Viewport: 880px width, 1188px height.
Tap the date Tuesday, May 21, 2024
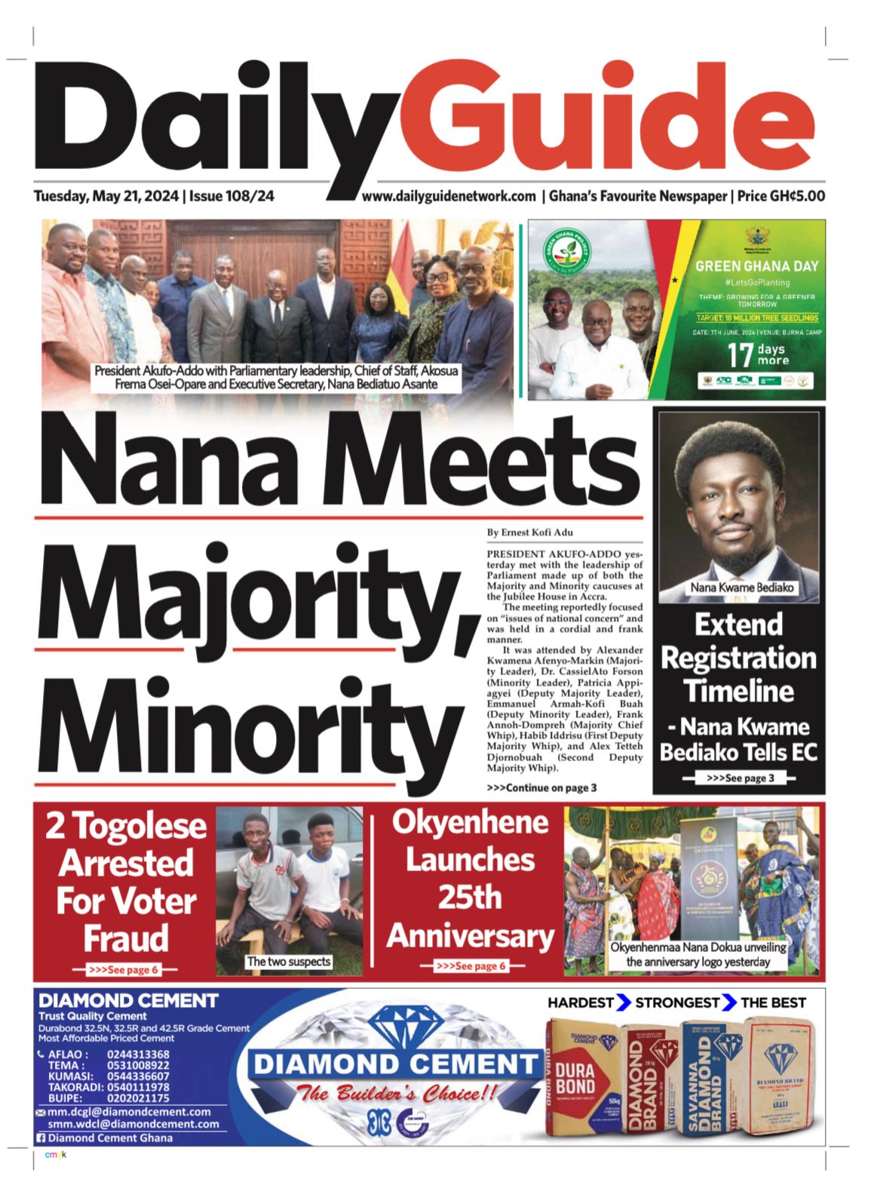[x=106, y=196]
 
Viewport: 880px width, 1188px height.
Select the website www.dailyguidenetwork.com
[x=449, y=196]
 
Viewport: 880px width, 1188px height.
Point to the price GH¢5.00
[x=797, y=196]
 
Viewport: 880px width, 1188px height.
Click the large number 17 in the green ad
[x=740, y=355]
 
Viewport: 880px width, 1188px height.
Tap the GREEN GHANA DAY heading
[x=756, y=266]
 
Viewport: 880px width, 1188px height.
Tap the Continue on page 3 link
[x=542, y=787]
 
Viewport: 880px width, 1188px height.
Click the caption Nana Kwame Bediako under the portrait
[x=742, y=587]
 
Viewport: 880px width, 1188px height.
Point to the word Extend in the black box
[x=738, y=625]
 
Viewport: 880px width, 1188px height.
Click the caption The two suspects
[x=289, y=962]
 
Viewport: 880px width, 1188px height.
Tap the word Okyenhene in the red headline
[x=470, y=822]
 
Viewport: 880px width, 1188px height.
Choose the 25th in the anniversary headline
[x=470, y=898]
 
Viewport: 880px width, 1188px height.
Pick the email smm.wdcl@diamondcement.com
[x=133, y=1124]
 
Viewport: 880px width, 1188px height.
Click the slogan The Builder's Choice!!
[x=397, y=1092]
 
